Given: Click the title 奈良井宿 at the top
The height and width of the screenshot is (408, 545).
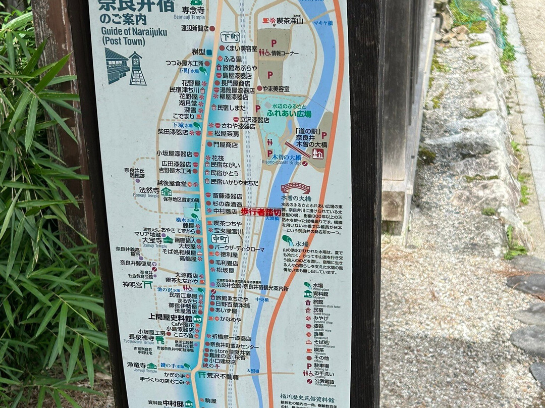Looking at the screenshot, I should coord(136,5).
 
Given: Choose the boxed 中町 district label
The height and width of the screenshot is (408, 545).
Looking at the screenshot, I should coord(220,239).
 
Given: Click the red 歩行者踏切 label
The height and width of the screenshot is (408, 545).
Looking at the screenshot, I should coord(260,212).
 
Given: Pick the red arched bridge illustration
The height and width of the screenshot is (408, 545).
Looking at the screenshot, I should coord(295,188).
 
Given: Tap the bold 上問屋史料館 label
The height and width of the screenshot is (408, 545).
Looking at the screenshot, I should coord(170,318).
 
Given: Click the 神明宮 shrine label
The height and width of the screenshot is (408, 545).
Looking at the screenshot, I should coord(134,285).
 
